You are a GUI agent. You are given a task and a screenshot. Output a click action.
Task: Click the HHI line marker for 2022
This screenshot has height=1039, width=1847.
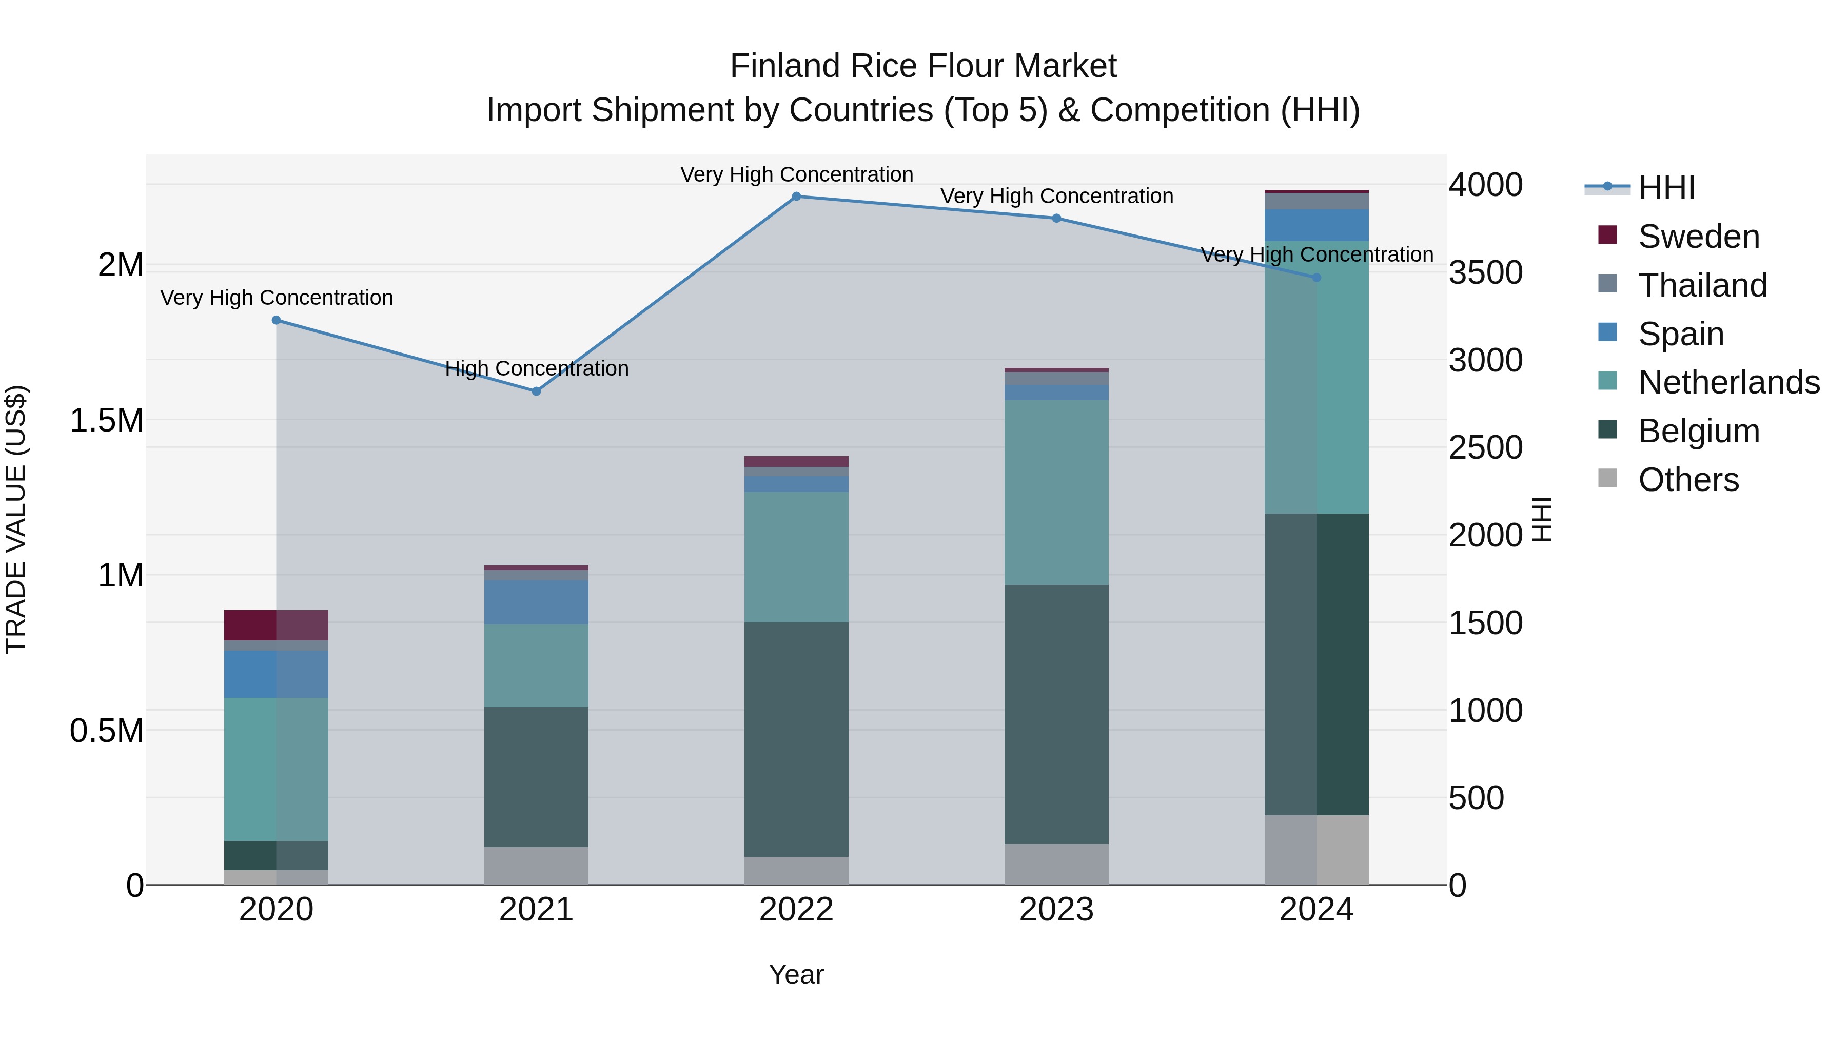(796, 197)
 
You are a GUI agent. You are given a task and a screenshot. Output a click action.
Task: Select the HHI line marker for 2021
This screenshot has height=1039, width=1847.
(536, 391)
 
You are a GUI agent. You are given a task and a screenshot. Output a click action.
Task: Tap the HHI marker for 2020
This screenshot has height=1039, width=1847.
(276, 321)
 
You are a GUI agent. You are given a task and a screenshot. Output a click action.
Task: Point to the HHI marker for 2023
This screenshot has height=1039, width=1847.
(1056, 219)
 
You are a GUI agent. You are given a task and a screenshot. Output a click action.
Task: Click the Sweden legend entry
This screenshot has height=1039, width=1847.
(1699, 237)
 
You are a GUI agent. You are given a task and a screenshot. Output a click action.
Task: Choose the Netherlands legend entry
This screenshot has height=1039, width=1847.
(1728, 382)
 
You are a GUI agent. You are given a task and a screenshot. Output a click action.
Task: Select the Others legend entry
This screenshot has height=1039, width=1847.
(1688, 480)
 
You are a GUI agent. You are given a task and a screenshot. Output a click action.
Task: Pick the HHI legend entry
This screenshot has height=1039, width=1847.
(1667, 188)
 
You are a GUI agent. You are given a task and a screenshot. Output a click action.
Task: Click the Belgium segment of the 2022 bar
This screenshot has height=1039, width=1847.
(796, 738)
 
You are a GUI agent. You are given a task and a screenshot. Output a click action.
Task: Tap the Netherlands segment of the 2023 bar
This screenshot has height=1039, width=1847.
(1056, 492)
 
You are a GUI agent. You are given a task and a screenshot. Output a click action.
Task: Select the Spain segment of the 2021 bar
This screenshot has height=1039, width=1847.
(536, 602)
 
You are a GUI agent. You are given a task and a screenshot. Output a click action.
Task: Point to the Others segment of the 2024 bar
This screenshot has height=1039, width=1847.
(1317, 850)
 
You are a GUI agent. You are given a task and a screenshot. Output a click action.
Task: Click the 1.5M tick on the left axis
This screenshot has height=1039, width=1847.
(107, 421)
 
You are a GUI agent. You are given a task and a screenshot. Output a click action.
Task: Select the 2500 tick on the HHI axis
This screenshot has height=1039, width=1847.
(1486, 448)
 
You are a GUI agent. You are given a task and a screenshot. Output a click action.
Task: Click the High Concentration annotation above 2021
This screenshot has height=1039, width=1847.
(536, 368)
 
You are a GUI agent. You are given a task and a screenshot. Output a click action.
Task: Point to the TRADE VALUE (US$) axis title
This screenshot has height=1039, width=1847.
(16, 519)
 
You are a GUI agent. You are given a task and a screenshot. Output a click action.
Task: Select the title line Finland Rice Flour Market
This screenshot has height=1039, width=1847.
(923, 67)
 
